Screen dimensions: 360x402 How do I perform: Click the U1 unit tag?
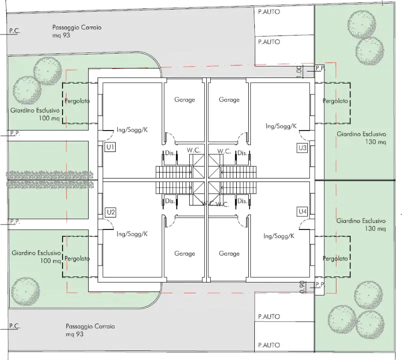[111, 147]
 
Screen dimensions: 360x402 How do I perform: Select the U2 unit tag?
[111, 212]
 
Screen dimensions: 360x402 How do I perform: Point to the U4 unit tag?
[302, 211]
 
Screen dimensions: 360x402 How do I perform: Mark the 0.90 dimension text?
[301, 286]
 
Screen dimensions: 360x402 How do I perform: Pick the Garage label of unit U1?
[184, 100]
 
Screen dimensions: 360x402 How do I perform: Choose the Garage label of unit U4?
[229, 253]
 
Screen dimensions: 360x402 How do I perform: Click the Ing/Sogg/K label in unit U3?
[281, 126]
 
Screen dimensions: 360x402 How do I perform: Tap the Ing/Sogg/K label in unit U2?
[132, 233]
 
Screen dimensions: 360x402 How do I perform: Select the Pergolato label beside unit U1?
[78, 101]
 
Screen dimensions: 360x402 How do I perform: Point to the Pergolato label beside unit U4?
[335, 258]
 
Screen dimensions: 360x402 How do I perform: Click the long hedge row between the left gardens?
[50, 175]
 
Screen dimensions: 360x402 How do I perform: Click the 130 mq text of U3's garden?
[375, 142]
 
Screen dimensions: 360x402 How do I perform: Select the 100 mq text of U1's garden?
[49, 119]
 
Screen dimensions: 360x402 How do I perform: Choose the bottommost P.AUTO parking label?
[269, 345]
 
